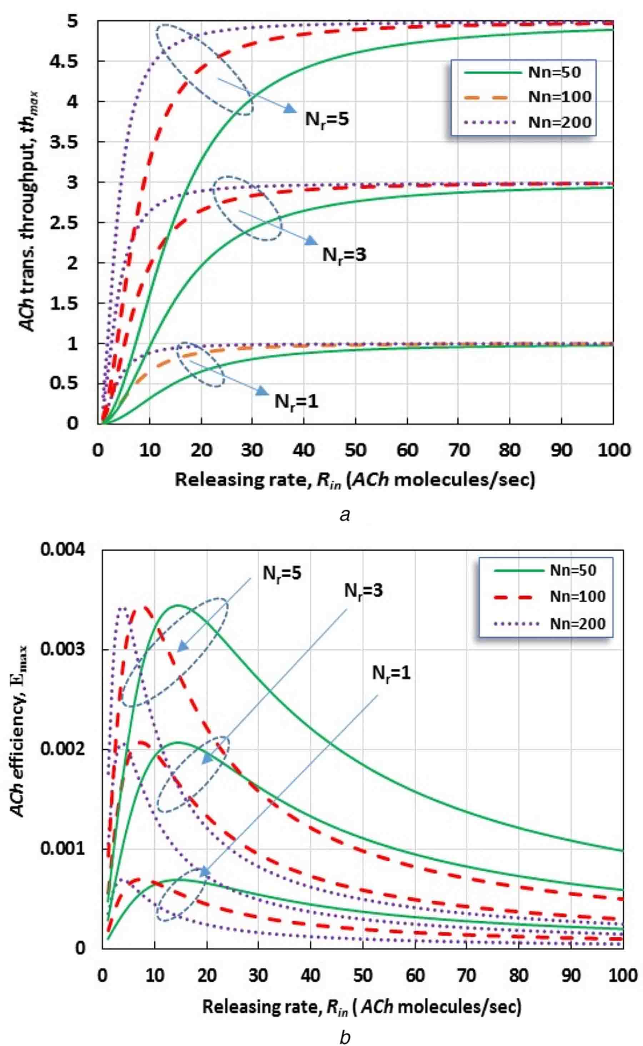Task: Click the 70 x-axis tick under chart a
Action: (459, 450)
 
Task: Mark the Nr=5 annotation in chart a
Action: (327, 119)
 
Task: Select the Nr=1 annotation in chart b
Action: (391, 673)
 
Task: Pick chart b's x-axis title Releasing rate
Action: (362, 1007)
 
